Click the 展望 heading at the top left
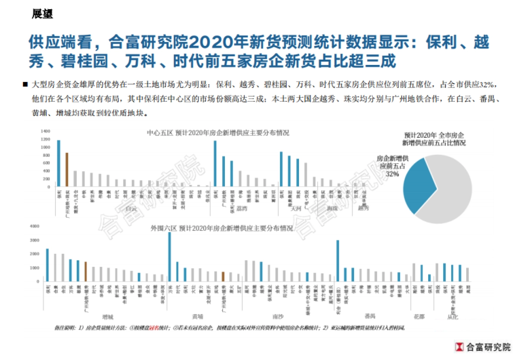click(42, 14)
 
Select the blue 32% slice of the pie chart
click(416, 186)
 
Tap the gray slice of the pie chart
click(451, 191)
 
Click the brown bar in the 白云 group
click(67, 169)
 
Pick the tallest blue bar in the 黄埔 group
click(169, 257)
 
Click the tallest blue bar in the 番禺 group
click(338, 261)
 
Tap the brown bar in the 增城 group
click(85, 272)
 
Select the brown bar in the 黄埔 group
click(223, 277)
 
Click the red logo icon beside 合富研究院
click(458, 347)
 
